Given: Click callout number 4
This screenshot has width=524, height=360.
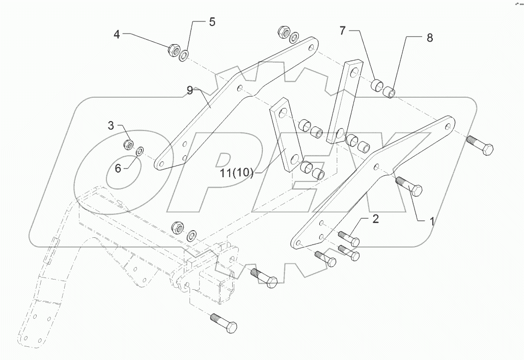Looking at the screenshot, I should (x=117, y=35).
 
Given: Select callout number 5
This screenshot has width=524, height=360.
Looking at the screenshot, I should (x=212, y=22).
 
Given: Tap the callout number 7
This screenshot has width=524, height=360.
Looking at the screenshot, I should (x=343, y=31).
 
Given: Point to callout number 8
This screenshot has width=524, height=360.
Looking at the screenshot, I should (x=429, y=38).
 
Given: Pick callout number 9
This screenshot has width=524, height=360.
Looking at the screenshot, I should (x=189, y=91).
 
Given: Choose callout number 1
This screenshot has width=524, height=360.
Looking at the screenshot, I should (x=432, y=221).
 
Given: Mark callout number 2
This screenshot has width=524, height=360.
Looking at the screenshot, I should (x=375, y=219).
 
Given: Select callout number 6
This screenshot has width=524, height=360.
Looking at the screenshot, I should (x=118, y=168).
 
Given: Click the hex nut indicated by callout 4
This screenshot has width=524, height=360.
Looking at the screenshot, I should (x=173, y=50).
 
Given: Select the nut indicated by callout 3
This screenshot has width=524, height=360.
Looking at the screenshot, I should (x=129, y=145).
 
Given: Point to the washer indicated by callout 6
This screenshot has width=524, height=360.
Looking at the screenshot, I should (x=140, y=150).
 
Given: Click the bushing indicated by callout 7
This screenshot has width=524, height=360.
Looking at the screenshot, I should (x=377, y=85).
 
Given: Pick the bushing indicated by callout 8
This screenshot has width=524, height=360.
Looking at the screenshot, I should (x=389, y=92).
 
